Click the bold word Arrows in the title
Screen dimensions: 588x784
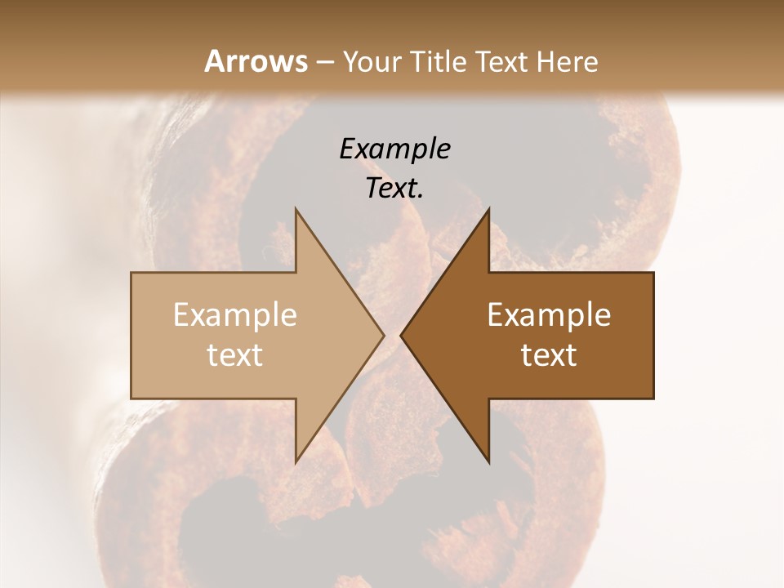256,61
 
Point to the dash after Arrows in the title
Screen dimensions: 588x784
324,63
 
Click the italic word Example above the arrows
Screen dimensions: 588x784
394,149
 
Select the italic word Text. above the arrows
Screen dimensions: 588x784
394,189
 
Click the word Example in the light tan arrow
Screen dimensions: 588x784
234,314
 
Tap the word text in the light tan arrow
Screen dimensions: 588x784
234,355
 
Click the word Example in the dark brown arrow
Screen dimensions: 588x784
549,314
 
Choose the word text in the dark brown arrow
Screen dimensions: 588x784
549,355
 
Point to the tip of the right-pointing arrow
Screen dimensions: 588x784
384,335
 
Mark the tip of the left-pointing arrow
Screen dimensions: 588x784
401,335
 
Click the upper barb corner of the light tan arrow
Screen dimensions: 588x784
296,209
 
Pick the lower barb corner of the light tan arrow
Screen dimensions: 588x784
296,462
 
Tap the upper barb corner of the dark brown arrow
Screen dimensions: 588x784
488,209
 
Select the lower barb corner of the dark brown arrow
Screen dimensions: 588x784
488,462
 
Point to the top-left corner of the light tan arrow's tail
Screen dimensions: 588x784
131,273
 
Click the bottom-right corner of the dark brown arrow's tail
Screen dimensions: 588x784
653,398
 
